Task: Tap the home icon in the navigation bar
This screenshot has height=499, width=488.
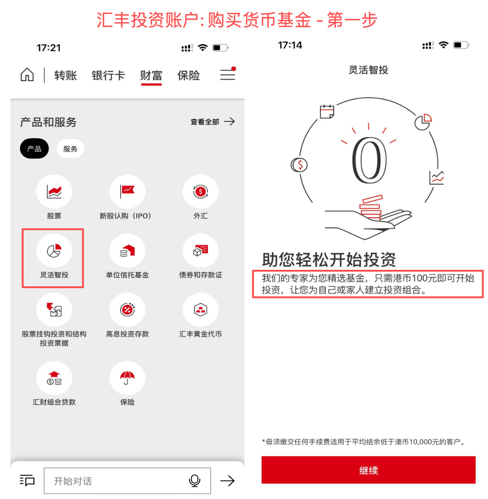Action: click(x=27, y=75)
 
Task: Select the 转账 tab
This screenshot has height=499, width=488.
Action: click(x=66, y=75)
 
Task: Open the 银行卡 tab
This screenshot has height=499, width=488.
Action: click(x=108, y=75)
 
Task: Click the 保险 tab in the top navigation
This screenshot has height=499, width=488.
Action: click(x=188, y=75)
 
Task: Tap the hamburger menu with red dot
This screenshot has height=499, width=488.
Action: click(x=227, y=75)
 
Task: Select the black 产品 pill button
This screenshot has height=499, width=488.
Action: click(x=34, y=149)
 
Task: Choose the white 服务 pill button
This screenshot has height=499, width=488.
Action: click(x=70, y=149)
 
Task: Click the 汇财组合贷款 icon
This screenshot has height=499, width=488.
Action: click(x=54, y=379)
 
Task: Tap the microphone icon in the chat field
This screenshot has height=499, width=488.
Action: click(x=194, y=481)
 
